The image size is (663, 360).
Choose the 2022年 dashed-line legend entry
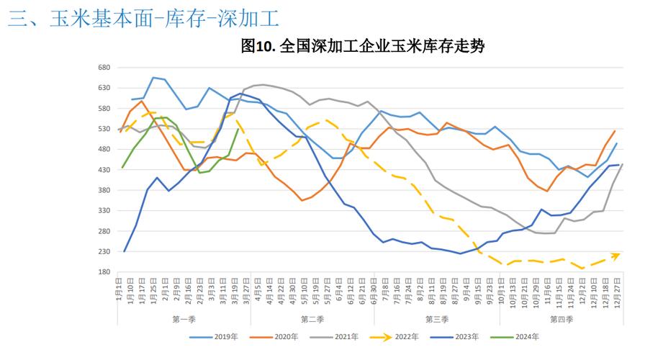click(399, 336)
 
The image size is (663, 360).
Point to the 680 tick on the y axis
click(104, 68)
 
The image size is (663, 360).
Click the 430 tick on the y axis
click(104, 170)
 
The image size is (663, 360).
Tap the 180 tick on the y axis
click(104, 272)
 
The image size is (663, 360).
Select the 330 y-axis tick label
click(104, 211)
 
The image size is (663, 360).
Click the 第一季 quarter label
click(184, 318)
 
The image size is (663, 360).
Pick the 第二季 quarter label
click(311, 318)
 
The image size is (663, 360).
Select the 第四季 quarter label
click(561, 318)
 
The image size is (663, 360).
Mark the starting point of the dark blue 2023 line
click(125, 251)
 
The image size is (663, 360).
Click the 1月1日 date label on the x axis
click(119, 292)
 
